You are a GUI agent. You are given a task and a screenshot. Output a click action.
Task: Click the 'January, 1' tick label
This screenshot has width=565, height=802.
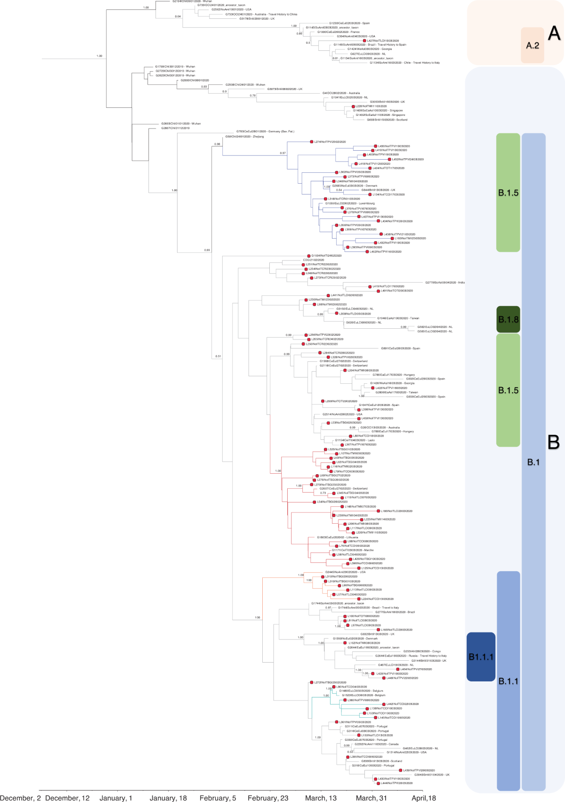[x=116, y=798]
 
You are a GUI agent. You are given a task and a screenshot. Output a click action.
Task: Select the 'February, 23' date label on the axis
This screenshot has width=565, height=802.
[x=268, y=798]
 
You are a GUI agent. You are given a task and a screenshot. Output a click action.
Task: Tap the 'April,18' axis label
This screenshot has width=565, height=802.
[x=424, y=798]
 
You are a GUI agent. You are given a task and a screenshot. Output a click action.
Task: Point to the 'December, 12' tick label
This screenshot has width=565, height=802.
[x=67, y=798]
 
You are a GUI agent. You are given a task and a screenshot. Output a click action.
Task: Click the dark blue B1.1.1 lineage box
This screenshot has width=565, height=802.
[x=481, y=656]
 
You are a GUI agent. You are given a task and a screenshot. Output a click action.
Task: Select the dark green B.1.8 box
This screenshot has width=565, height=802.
[x=508, y=319]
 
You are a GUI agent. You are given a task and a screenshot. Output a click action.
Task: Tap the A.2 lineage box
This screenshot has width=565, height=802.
[x=533, y=45]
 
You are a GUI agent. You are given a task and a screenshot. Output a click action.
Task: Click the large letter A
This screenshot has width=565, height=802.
[x=554, y=33]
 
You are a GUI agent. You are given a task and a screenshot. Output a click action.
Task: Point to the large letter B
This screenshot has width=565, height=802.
[x=553, y=442]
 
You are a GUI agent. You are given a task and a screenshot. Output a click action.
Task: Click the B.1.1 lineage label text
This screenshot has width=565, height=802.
[x=508, y=681]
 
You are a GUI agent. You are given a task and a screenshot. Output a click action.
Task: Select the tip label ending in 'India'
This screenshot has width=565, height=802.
[x=445, y=283]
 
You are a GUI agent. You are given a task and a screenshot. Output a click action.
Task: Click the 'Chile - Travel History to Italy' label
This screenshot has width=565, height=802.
[x=404, y=63]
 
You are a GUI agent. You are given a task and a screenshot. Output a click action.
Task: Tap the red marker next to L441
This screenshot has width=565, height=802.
[x=329, y=295]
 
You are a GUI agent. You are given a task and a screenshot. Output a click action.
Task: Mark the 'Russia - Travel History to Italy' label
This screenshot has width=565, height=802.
[x=411, y=656]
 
